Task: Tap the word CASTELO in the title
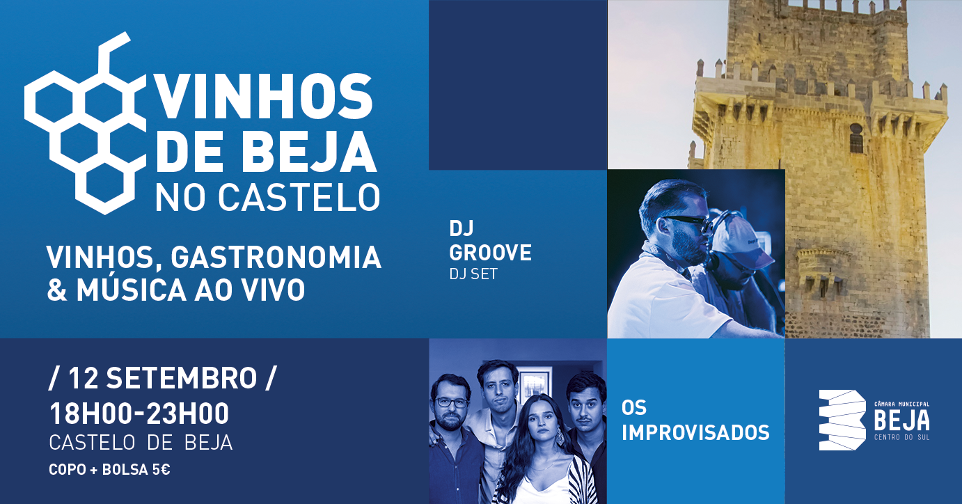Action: point(299,198)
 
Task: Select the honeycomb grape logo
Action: point(85,123)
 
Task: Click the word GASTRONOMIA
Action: point(276,258)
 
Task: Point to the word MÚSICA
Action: point(132,290)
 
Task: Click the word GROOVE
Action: point(491,252)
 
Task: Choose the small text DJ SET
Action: point(473,274)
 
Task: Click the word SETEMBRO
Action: point(182,378)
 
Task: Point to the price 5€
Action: point(161,470)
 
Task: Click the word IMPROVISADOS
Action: point(695,432)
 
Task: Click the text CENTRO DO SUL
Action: point(902,437)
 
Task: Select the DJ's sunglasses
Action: point(686,223)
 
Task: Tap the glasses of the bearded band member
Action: point(451,402)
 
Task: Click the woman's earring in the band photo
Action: point(560,437)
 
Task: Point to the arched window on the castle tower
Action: point(856,139)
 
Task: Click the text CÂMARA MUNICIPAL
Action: point(902,404)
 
